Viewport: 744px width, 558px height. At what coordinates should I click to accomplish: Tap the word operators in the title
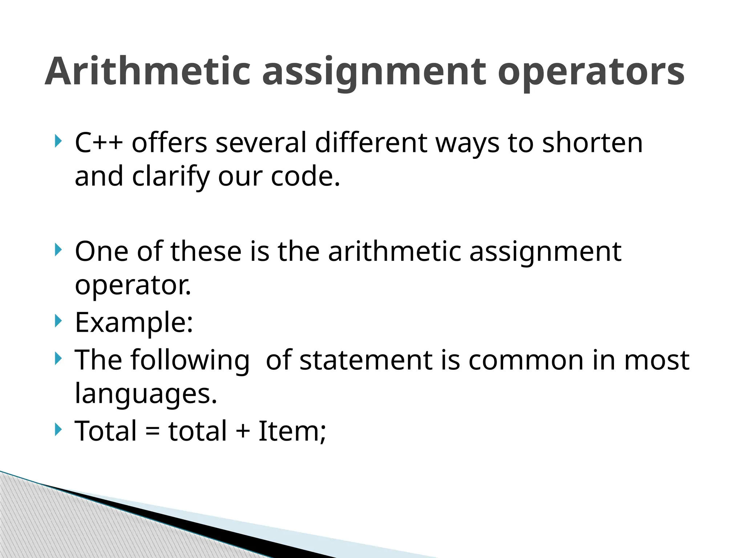pos(591,73)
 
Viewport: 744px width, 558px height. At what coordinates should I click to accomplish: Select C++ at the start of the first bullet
pos(98,143)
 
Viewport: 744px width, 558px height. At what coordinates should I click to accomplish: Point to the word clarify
pos(171,177)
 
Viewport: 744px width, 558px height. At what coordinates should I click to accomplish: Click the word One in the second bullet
pos(101,251)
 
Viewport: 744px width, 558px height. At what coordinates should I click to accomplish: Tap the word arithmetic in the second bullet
pos(394,251)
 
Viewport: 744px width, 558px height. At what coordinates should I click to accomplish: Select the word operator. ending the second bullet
pos(133,286)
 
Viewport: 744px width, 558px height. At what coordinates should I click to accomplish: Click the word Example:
pos(134,323)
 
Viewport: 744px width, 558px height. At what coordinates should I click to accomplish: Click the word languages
pos(146,393)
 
